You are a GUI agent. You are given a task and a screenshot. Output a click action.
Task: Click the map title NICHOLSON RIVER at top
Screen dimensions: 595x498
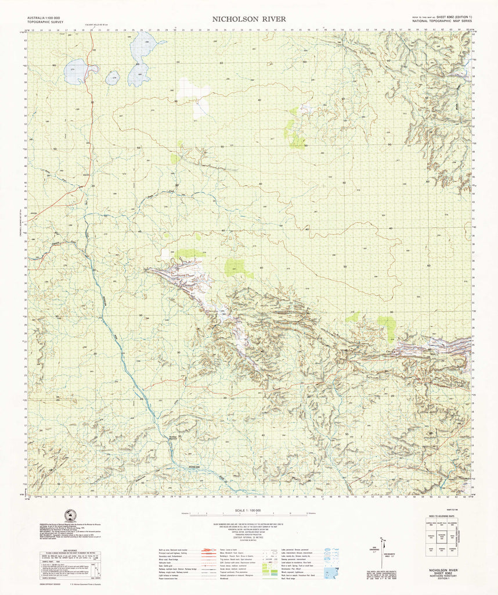(248, 19)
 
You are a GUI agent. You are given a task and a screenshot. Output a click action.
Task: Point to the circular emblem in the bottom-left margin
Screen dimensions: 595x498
(71, 515)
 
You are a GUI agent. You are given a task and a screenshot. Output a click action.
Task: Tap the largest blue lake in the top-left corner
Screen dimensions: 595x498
(77, 71)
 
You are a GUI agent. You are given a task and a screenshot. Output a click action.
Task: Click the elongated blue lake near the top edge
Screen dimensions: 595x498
(140, 58)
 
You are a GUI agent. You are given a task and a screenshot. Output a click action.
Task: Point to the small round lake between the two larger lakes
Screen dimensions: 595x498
(112, 77)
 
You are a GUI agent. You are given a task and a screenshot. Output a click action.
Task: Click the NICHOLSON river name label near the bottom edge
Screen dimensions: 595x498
(194, 467)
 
